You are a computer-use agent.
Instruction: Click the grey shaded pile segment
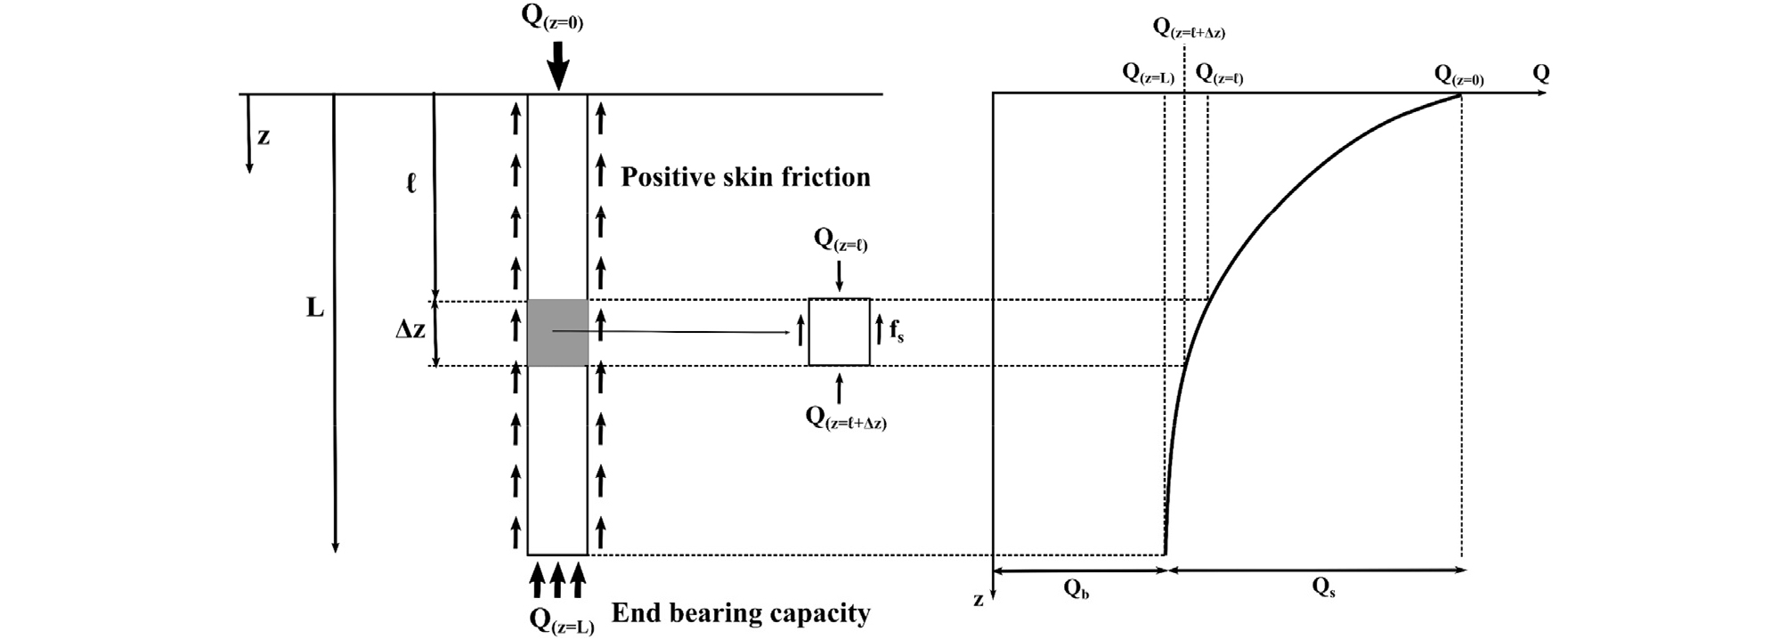click(x=557, y=333)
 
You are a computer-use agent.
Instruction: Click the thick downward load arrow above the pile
click(x=557, y=65)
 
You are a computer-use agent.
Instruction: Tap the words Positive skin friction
click(x=745, y=177)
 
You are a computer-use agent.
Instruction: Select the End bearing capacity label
click(x=741, y=613)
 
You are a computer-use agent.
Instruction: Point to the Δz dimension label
click(x=410, y=329)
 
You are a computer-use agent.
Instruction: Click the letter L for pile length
click(x=315, y=309)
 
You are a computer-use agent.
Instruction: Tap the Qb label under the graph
click(x=1076, y=588)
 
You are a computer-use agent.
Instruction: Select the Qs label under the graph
click(x=1324, y=587)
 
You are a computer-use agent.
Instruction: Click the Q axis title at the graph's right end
click(x=1540, y=74)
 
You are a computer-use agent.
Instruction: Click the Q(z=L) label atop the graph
click(x=1148, y=75)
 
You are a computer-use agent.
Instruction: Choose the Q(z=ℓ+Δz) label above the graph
click(x=1189, y=28)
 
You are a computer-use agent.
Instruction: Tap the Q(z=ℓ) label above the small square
click(x=841, y=240)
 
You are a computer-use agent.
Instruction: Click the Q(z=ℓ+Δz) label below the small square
click(x=846, y=418)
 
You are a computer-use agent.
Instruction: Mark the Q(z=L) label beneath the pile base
click(x=561, y=620)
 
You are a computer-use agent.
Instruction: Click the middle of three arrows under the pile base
click(x=557, y=578)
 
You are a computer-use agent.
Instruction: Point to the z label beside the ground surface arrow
click(x=264, y=137)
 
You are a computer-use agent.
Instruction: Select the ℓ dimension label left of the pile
click(x=410, y=184)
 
